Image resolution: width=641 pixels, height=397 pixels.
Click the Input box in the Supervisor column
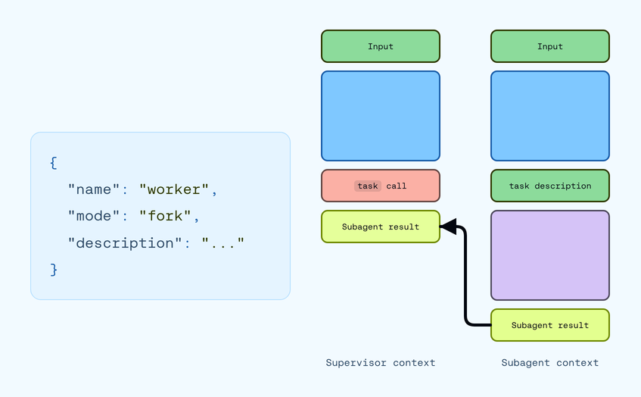coord(381,46)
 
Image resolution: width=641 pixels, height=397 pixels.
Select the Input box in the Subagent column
coord(550,46)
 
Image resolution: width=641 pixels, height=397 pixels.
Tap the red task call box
coord(381,186)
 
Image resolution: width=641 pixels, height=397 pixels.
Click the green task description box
coord(550,186)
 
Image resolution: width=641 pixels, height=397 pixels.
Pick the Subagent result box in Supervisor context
coord(381,227)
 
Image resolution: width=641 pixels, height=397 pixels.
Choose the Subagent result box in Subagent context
coord(550,325)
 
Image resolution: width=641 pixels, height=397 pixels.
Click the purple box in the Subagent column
coord(550,255)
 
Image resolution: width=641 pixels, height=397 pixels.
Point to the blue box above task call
coord(381,116)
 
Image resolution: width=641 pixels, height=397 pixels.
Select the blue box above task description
coord(550,116)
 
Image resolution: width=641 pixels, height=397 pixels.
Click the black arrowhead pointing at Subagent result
coord(448,227)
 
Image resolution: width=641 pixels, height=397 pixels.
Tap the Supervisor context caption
coord(381,363)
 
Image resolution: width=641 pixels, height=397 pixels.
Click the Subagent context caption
coord(550,363)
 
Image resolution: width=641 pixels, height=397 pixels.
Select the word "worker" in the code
coord(174,189)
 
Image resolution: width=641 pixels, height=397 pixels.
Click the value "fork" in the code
coord(165,216)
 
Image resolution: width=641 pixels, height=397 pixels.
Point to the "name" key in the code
coord(94,189)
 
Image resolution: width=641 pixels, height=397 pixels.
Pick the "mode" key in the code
coord(94,216)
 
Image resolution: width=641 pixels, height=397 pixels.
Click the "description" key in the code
coord(125,243)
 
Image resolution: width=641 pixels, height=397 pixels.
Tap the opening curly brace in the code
coord(54,163)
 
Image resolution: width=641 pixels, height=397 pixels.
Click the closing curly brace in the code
coord(54,270)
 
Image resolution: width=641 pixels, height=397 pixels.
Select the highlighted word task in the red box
coord(368,186)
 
